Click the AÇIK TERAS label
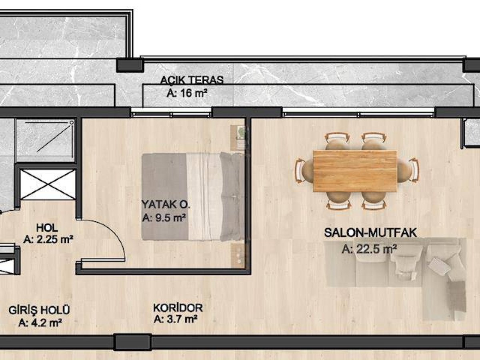[192, 80]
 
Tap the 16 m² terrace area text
[187, 93]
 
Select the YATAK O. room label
[166, 205]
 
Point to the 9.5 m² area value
[164, 218]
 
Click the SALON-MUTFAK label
[370, 233]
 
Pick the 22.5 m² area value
[369, 249]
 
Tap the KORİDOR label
[178, 308]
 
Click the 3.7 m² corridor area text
[176, 320]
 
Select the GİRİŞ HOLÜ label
[39, 310]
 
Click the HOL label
[47, 228]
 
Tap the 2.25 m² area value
[48, 240]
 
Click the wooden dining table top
[355, 171]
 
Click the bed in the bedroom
[193, 197]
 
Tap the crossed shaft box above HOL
[48, 184]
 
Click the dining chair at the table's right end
[408, 170]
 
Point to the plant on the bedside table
[241, 133]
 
